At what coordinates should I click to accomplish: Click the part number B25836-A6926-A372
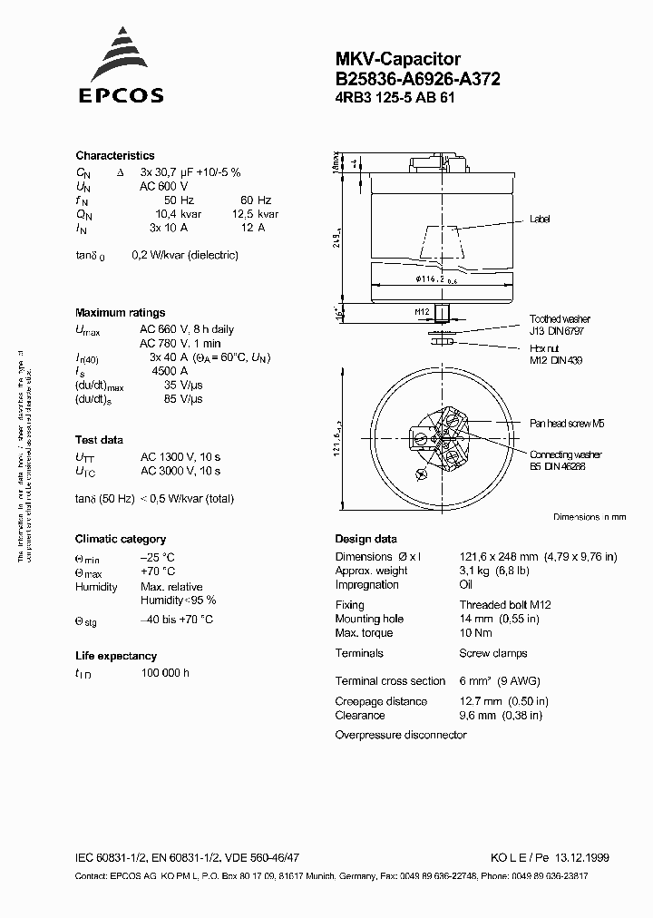tap(417, 79)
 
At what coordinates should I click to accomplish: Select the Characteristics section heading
tap(114, 156)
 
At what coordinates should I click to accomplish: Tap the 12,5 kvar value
tap(249, 213)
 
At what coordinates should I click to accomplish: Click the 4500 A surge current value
tap(169, 371)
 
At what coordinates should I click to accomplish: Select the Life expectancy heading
tap(115, 656)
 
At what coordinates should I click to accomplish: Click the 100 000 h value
tap(164, 673)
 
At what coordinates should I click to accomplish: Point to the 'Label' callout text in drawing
tap(539, 220)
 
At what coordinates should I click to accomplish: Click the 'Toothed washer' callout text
tap(560, 319)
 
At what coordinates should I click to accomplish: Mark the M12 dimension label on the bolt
tap(421, 311)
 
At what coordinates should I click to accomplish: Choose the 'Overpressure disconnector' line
tap(400, 735)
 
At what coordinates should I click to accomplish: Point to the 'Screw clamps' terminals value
tap(492, 653)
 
